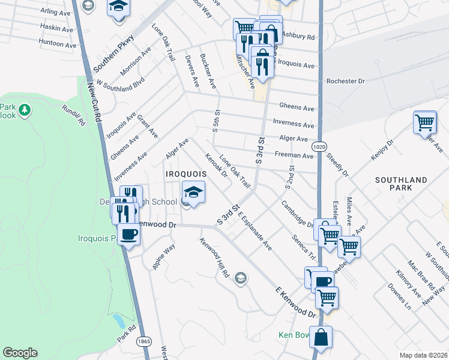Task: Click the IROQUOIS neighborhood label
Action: point(187,173)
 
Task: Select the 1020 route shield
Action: point(319,146)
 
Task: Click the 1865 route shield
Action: point(143,341)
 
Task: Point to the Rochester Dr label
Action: point(345,81)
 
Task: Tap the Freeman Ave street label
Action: point(294,155)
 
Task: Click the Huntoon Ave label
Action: point(58,44)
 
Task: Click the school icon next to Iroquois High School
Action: point(193,192)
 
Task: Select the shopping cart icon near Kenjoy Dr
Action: point(424,122)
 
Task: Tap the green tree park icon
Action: point(25,110)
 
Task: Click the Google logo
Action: point(20,353)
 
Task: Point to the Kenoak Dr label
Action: point(216,166)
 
